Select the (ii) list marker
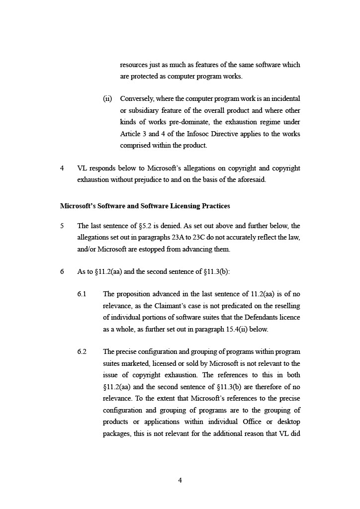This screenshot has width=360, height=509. coord(107,98)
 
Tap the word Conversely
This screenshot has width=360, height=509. coord(138,98)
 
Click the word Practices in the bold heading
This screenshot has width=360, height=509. coord(214,206)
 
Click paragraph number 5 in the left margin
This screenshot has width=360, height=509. coord(62,226)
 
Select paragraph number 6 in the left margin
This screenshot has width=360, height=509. coord(62,272)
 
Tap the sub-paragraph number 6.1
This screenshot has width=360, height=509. coord(82,294)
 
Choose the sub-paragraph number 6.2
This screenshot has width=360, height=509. coord(82,352)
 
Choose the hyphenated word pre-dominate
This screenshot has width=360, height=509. coord(181,122)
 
